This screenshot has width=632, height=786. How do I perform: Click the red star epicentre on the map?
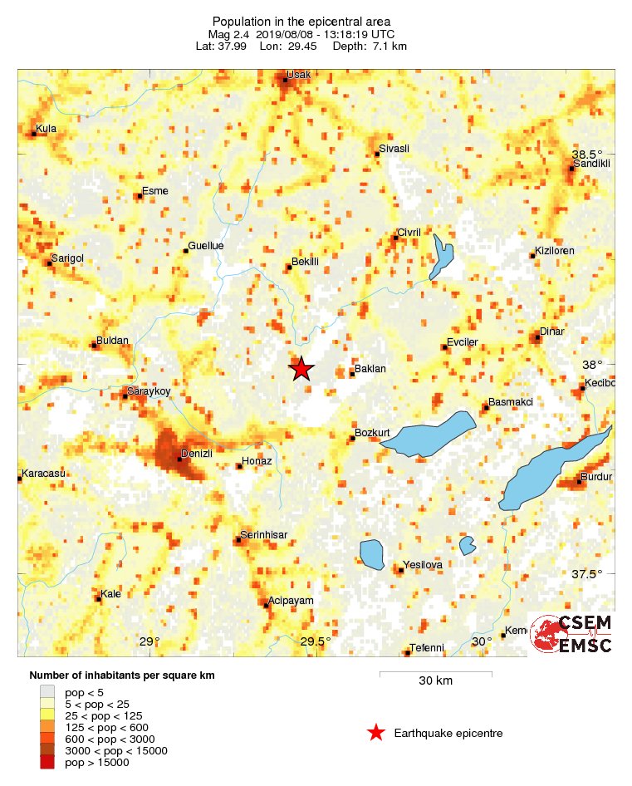[x=301, y=369]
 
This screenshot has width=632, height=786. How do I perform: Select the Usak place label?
[x=298, y=75]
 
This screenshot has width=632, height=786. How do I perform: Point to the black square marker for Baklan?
[x=352, y=374]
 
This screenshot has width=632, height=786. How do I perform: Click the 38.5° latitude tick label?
[x=587, y=155]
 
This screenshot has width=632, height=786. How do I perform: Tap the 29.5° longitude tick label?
[x=316, y=641]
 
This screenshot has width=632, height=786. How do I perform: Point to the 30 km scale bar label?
[x=435, y=681]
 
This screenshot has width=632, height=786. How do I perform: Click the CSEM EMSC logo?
[x=572, y=635]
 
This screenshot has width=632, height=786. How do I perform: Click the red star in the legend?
[x=376, y=733]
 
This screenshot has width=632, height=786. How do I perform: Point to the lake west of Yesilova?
[x=371, y=554]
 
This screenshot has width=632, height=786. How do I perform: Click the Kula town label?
[x=47, y=130]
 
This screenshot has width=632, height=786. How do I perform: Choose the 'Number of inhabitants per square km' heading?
[x=122, y=675]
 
